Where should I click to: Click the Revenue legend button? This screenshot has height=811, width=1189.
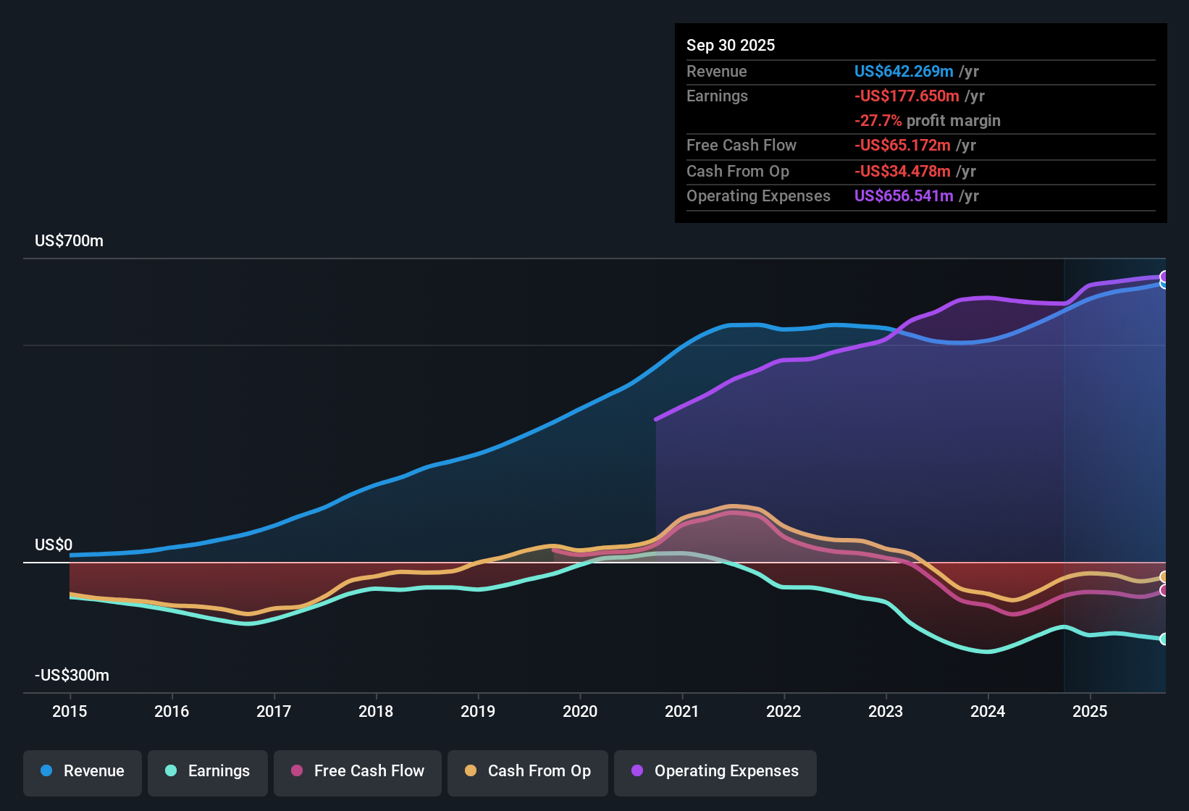[83, 771]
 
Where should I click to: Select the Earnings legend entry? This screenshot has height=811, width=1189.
[208, 771]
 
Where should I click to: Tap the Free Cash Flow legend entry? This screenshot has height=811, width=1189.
[358, 771]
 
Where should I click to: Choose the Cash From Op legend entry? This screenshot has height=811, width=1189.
[528, 771]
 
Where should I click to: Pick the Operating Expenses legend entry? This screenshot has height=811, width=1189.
[715, 771]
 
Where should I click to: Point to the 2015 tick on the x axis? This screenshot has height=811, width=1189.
[70, 711]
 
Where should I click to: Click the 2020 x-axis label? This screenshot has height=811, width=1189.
[580, 711]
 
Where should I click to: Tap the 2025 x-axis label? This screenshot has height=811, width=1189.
[1090, 711]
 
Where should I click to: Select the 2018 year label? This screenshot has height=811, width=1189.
[376, 711]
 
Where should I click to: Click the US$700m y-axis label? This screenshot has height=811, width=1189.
[69, 241]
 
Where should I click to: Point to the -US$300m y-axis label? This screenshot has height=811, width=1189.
[72, 676]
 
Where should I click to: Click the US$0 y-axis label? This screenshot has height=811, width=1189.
[54, 545]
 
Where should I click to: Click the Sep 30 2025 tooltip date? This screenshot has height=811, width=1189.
[731, 46]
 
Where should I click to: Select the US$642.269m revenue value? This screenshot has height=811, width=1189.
[904, 72]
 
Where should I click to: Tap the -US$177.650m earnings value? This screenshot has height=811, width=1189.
[907, 96]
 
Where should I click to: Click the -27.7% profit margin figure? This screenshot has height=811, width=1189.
[878, 121]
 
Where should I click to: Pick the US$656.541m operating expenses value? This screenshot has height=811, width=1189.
[904, 196]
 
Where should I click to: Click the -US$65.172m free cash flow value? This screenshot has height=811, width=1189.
[902, 146]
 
